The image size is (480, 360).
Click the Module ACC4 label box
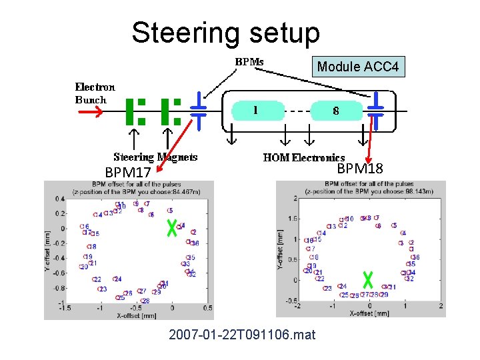click(x=358, y=67)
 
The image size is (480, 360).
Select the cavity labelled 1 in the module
click(x=257, y=111)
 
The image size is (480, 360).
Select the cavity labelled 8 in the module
click(x=336, y=111)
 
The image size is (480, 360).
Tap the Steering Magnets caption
click(x=155, y=157)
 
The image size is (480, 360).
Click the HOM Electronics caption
click(x=304, y=157)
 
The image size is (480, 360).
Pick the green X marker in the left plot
click(x=171, y=229)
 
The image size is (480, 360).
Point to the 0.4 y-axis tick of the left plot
click(x=59, y=199)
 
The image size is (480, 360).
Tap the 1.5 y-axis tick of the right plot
click(x=291, y=219)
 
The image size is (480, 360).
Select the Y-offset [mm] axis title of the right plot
click(x=281, y=250)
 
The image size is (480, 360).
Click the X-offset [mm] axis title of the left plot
click(x=136, y=315)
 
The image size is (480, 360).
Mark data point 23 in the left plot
click(x=102, y=289)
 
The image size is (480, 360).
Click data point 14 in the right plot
click(x=321, y=233)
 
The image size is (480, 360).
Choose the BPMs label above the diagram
click(x=249, y=61)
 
